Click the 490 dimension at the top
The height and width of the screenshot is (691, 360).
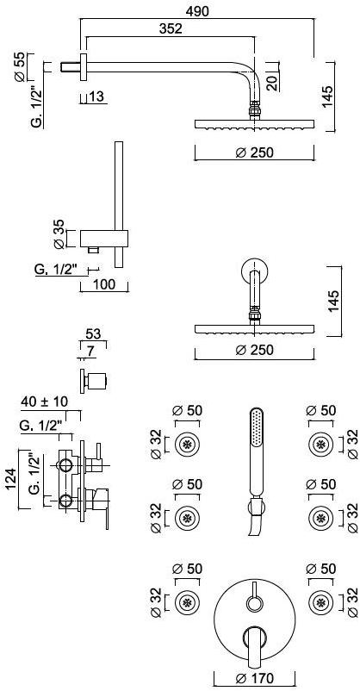[196, 11]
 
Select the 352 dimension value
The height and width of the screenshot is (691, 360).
[171, 28]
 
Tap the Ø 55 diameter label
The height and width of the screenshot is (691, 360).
[19, 67]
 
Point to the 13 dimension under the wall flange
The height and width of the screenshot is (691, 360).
[98, 96]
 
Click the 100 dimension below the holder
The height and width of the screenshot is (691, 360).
[104, 284]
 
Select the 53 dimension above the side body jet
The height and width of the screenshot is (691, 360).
[92, 333]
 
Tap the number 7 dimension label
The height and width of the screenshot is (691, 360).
[90, 352]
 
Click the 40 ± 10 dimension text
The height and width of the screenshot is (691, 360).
[45, 402]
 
